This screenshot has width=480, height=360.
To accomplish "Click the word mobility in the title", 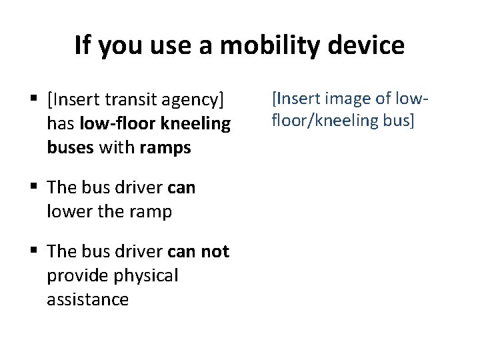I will pyautogui.click(x=261, y=45).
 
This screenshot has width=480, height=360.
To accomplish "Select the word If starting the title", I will pyautogui.click(x=83, y=45).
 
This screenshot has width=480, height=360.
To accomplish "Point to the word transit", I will pyautogui.click(x=133, y=101).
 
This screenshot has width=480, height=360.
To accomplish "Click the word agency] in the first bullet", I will pyautogui.click(x=194, y=101).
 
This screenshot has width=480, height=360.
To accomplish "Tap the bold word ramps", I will pyautogui.click(x=165, y=147).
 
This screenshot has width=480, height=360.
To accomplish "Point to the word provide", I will pyautogui.click(x=79, y=275).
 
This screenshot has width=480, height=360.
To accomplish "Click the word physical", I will pyautogui.click(x=147, y=275).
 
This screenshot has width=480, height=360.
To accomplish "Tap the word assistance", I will pyautogui.click(x=87, y=299).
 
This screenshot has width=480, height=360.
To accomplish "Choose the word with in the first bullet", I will pyautogui.click(x=117, y=147).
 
